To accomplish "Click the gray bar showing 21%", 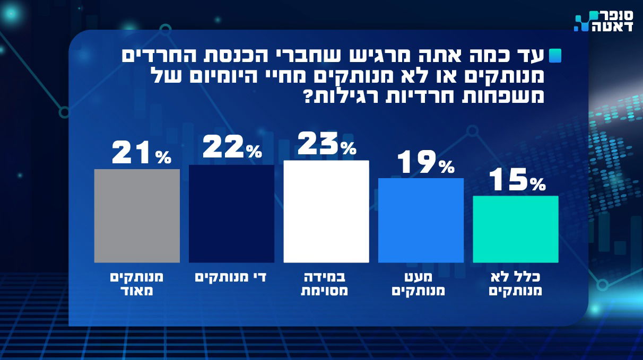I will [137, 216].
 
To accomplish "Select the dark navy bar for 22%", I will [231, 214].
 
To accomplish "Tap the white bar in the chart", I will [326, 211].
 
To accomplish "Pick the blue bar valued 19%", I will [421, 220].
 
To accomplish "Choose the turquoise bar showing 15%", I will [515, 229].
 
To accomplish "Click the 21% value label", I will [141, 153].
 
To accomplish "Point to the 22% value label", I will [232, 149].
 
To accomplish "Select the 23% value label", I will [326, 144].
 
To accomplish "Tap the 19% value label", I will [425, 163].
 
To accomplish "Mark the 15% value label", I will [516, 180].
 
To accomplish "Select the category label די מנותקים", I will [231, 277].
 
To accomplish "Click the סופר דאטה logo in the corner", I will [604, 21].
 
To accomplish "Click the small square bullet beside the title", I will [555, 55].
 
